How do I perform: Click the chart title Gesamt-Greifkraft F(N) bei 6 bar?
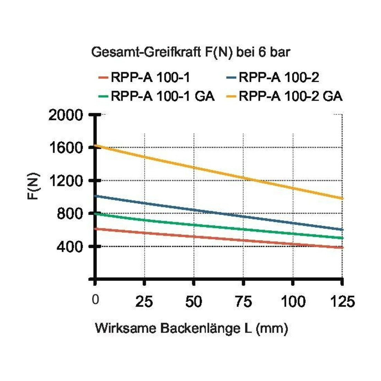coord(191,52)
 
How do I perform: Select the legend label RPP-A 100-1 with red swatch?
coord(150,78)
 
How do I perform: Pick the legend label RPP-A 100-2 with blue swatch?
coord(279,78)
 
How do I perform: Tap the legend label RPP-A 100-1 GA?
coord(163,96)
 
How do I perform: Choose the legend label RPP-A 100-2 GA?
coord(291,96)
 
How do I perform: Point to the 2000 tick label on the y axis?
coord(66,115)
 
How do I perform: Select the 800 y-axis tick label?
coord(70,214)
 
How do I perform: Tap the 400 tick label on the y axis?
coord(70,247)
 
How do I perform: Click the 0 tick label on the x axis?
coord(96,300)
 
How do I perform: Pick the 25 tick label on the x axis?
coord(144,302)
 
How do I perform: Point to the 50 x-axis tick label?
coord(194,302)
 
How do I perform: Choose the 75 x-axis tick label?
coord(243,302)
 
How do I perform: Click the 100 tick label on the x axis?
coord(293,302)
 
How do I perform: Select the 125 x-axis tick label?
coord(343,302)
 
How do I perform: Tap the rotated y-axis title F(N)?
coord(34,186)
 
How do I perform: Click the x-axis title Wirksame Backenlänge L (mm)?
coord(192,328)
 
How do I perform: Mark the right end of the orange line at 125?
coord(343,198)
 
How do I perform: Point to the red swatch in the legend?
coord(103,78)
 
